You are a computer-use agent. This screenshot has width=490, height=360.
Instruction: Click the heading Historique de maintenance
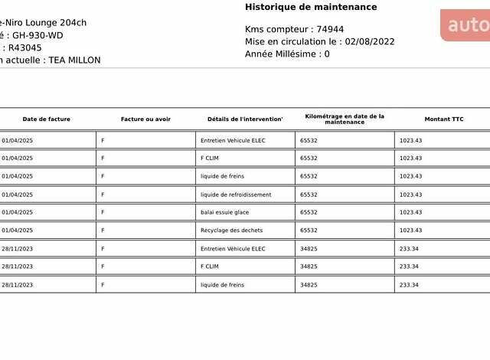coord(311,8)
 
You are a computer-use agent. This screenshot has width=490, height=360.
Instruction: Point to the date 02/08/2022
coord(370,42)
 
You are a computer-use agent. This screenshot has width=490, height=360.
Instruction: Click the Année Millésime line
coord(287,54)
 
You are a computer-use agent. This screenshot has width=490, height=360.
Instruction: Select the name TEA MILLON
coord(73,61)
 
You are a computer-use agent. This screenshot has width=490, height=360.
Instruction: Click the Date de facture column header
coord(46,119)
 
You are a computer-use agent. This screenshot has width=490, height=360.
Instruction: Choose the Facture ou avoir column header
coord(145,119)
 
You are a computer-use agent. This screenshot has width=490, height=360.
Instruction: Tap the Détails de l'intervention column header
coord(245,119)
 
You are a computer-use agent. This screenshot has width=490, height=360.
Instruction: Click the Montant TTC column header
coord(444,119)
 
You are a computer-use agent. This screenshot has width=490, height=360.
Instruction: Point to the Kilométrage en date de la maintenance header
coord(345,119)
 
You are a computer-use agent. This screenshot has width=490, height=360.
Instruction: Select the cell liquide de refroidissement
coord(236,195)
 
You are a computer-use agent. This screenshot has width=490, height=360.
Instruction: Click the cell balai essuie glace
coord(224,212)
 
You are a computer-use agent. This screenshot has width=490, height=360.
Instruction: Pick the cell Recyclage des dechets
coord(231,231)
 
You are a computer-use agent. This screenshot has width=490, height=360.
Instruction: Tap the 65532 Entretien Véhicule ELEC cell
coord(309,141)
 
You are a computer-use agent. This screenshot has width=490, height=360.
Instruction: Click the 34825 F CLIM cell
coord(309,267)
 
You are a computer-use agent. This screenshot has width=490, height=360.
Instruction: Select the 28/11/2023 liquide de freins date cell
coord(17,285)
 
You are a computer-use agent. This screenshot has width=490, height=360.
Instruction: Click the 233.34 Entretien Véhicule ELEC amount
coord(409,249)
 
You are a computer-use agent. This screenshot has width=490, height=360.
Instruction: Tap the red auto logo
coord(466,25)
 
